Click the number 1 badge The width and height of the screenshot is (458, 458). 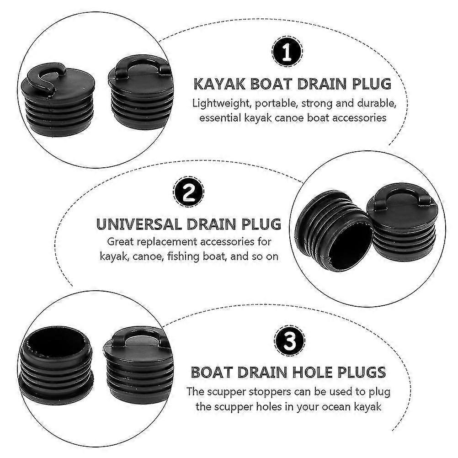(287, 51)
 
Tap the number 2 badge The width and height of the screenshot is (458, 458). (188, 192)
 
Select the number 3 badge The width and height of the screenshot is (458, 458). (289, 340)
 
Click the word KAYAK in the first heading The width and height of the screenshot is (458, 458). (220, 84)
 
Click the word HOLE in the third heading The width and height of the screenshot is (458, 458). (311, 373)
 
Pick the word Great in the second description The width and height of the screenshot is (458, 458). (121, 242)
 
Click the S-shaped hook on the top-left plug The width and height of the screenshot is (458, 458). (45, 75)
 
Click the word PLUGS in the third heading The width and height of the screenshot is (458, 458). (361, 373)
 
